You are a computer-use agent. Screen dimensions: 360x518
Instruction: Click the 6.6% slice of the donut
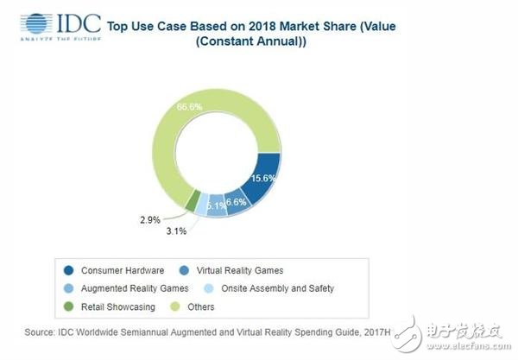[237, 203]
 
